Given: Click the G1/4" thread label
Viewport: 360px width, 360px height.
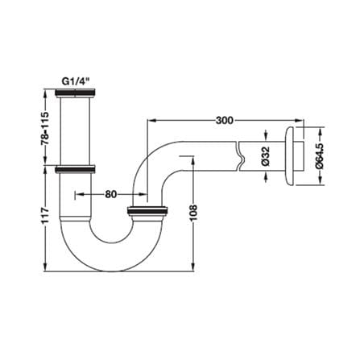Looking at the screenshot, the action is tap(75, 81).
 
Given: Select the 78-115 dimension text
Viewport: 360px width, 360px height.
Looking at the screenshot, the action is tap(45, 128).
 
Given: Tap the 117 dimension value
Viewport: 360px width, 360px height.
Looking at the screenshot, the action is tap(45, 215).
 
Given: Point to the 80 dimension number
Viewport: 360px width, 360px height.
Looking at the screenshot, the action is tap(111, 194).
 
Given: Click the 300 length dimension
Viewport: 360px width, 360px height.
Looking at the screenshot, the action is tap(225, 121).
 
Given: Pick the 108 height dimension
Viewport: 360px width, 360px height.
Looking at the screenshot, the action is tap(193, 213).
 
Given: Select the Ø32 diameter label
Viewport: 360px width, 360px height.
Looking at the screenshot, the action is tap(265, 155).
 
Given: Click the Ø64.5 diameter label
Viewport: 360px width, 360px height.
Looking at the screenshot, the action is tap(320, 155).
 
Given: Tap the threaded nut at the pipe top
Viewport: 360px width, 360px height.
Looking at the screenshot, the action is tap(75, 93).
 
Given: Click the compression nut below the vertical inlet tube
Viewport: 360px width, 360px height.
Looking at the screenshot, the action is tap(75, 169).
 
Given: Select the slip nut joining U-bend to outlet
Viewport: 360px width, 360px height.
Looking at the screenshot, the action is tap(147, 211).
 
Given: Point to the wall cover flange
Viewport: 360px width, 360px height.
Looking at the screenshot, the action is tap(289, 155).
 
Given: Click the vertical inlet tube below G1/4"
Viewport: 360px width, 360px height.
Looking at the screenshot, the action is tap(75, 131).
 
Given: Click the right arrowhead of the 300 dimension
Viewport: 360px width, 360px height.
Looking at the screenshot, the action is tap(299, 121).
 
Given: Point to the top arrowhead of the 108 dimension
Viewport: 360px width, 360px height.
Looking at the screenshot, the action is tap(192, 161).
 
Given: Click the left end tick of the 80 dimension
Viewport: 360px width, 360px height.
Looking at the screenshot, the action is tap(74, 194).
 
